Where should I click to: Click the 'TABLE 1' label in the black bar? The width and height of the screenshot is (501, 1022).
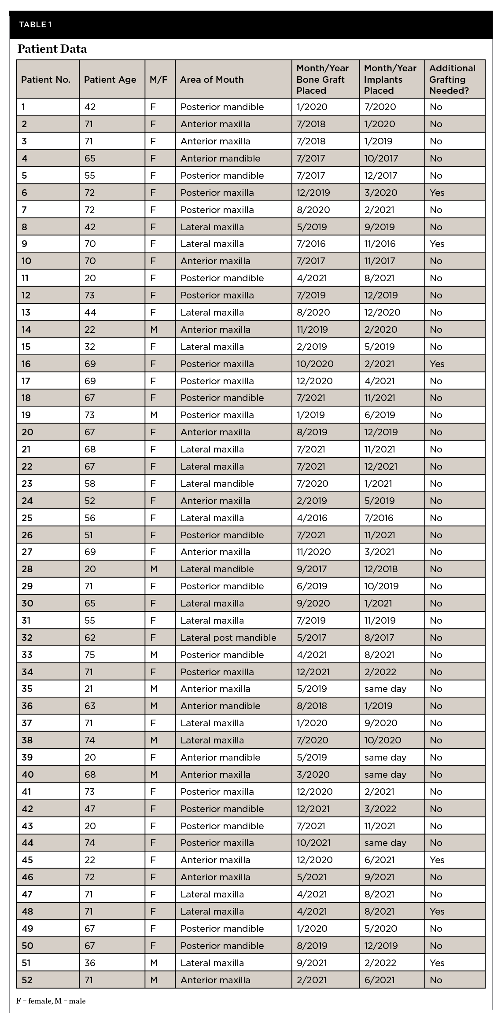[x=35, y=25]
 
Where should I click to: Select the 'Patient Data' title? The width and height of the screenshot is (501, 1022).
[x=52, y=49]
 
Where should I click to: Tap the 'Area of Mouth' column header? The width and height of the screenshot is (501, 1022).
[x=212, y=80]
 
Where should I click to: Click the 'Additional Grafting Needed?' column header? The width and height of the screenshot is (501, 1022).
[x=452, y=80]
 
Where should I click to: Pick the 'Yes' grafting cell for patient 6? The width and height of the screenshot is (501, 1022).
[x=437, y=193]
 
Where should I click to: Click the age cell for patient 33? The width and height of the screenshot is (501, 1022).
[x=90, y=655]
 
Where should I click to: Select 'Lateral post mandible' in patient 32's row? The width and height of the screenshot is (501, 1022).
[x=228, y=638]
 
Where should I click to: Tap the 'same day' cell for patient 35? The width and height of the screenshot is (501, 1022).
[x=385, y=689]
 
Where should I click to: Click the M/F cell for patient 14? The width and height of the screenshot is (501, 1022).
[x=153, y=330]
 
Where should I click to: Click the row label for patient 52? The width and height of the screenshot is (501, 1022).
[x=27, y=980]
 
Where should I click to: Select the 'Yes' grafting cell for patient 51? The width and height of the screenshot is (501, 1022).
[x=437, y=963]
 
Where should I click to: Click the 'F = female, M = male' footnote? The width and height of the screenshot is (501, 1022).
[x=51, y=1001]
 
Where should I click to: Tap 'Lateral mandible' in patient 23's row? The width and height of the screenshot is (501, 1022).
[x=217, y=484]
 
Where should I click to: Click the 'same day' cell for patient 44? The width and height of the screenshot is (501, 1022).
[x=385, y=843]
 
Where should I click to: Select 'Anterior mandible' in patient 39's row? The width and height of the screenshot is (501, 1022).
[x=220, y=757]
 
